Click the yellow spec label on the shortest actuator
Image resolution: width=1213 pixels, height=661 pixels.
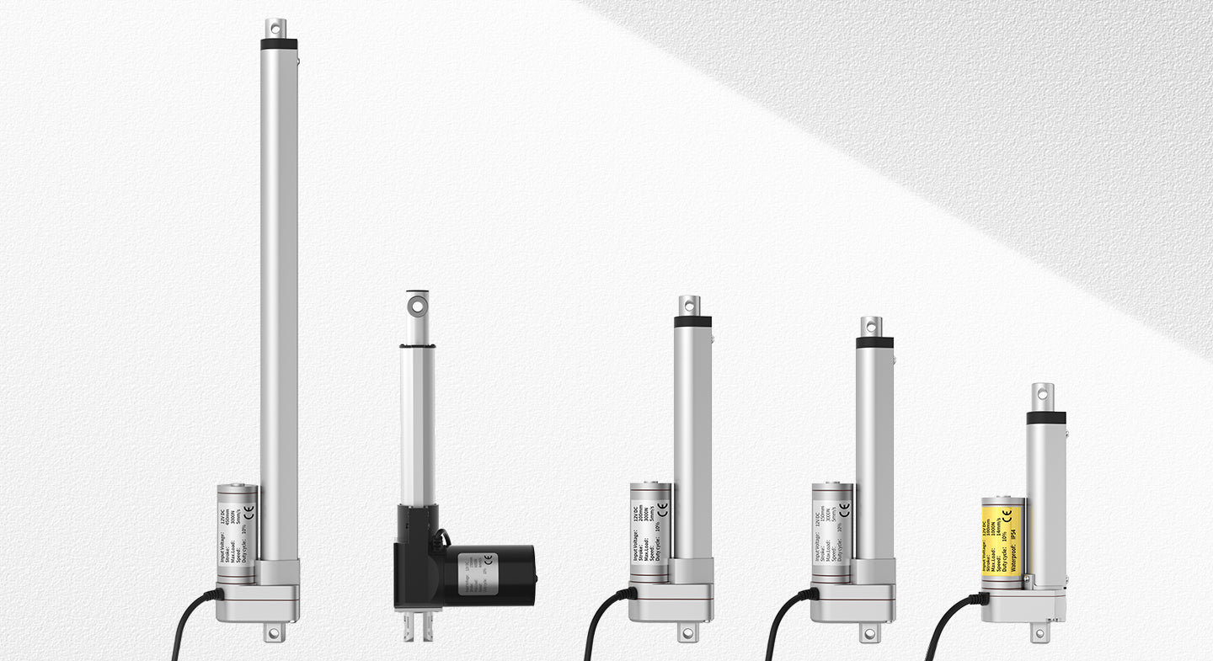point(1002,536)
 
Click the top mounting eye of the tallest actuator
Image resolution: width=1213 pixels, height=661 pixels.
point(276,28)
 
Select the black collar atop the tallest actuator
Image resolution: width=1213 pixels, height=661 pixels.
point(278,44)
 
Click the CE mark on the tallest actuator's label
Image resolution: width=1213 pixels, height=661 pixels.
point(246,510)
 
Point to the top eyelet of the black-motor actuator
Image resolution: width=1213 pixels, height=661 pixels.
point(417,302)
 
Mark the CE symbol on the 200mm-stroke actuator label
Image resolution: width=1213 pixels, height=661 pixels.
point(661,509)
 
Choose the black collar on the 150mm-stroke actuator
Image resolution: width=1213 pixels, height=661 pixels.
point(874,343)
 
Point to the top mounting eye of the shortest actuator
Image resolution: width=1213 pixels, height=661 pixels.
point(1042,392)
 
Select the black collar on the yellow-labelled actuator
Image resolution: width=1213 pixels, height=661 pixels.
point(1045,418)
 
